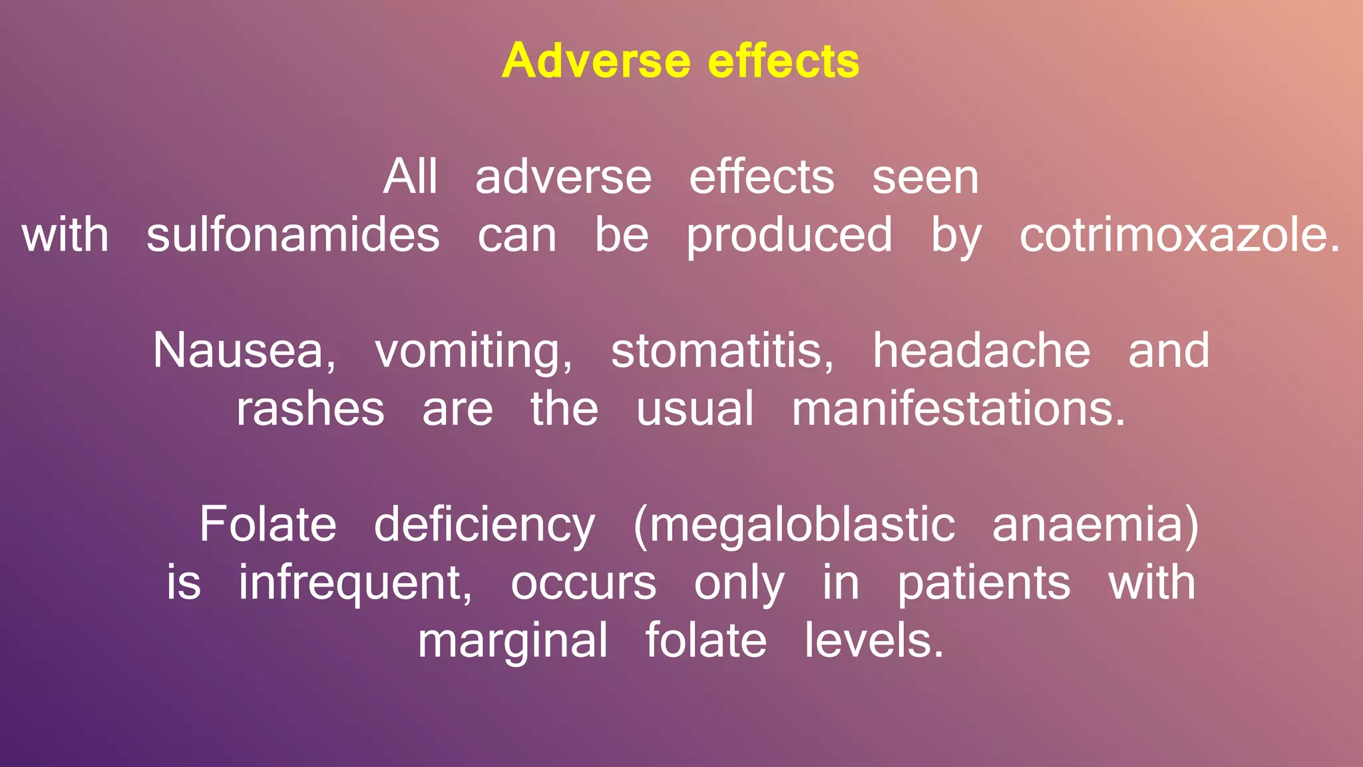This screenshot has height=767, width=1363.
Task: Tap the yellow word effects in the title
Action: (x=783, y=61)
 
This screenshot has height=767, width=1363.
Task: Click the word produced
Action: (x=789, y=236)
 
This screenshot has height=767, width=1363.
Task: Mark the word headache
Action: (x=981, y=351)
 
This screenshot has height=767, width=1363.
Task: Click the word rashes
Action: (x=310, y=409)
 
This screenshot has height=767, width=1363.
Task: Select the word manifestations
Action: (x=958, y=409)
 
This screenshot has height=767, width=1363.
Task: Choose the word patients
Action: (x=984, y=583)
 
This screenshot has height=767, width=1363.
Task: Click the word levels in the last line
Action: (x=873, y=640)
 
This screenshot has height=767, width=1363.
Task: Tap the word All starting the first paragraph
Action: (x=410, y=177)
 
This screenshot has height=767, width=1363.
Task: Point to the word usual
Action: (x=695, y=409)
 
